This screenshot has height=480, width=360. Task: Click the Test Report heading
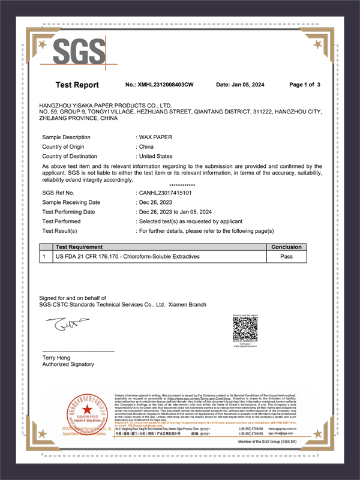click(77, 85)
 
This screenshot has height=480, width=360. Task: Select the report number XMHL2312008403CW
click(160, 85)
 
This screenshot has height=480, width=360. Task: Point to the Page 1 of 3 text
click(305, 85)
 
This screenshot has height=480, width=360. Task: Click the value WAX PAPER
click(155, 137)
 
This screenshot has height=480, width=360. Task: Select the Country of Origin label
click(66, 147)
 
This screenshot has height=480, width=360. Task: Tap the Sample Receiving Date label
click(71, 202)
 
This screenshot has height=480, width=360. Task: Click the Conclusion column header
click(287, 247)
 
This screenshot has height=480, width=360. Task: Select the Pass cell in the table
click(287, 256)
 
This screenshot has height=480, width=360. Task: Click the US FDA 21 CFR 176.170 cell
click(127, 256)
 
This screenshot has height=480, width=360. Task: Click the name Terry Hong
click(56, 358)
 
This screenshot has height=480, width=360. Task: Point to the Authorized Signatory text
click(68, 364)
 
